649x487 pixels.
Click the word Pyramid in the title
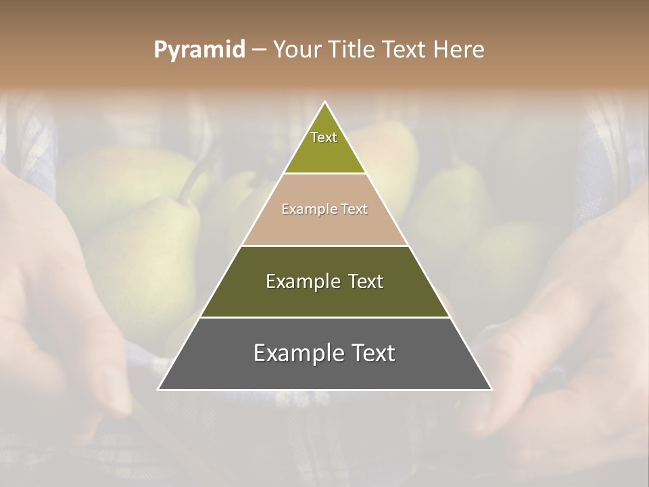tap(199, 50)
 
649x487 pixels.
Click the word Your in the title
tap(295, 50)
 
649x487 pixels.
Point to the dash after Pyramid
tap(259, 50)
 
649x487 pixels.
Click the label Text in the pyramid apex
tap(324, 137)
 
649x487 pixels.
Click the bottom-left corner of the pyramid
tap(158, 390)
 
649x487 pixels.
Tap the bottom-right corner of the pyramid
tap(491, 390)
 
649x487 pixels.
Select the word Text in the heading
tap(404, 50)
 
